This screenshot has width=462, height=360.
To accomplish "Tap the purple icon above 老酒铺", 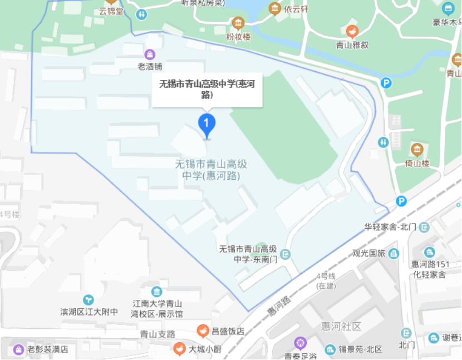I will point(150,54).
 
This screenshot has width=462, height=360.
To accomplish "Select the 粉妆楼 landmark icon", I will point(238,23).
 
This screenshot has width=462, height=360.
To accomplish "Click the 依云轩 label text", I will point(296,9).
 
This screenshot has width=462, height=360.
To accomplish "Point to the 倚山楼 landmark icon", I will point(417,149).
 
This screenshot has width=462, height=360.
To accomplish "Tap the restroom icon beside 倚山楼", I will point(383,142).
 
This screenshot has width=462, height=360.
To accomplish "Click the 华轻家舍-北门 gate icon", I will point(425,227).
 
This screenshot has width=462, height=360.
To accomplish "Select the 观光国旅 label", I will point(368,254).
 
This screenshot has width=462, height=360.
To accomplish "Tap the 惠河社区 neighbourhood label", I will point(341,326).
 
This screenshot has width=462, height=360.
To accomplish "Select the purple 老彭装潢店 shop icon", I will point(18,349).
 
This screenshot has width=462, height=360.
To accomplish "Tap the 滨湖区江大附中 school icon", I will point(89,300).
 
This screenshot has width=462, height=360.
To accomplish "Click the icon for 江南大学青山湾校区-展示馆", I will point(157,292).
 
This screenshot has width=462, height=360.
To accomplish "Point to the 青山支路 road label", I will point(158,334).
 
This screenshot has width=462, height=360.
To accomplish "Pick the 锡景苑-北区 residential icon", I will point(330,349).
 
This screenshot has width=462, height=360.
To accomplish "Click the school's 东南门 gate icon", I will point(286,254).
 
